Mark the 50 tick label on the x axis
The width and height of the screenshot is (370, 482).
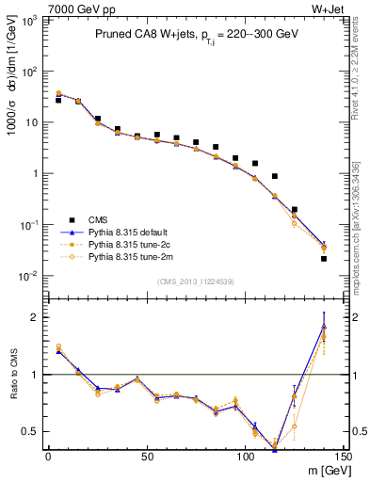tap(146, 457)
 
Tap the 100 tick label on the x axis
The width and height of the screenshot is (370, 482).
tap(245, 457)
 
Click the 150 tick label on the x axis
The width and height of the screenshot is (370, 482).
tap(343, 457)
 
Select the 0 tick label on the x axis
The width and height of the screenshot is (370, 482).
tap(48, 457)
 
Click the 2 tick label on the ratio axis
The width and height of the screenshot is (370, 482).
tap(35, 318)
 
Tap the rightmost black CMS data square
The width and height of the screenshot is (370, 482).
tap(324, 258)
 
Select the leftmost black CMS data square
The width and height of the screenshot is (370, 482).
tap(58, 100)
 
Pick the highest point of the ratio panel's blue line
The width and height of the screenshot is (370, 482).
tap(324, 326)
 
